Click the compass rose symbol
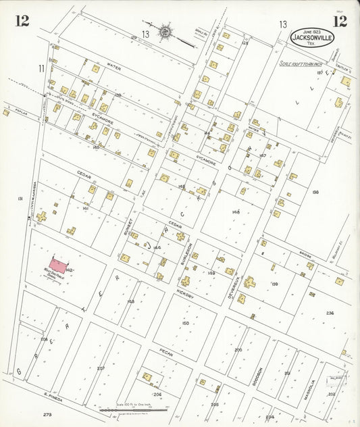click(165, 32)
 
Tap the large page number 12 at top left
click(22, 20)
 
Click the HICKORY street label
click(185, 297)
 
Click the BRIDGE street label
click(302, 257)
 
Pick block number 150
click(185, 324)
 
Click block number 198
click(315, 193)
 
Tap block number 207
click(101, 368)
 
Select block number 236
click(330, 313)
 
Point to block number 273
click(47, 413)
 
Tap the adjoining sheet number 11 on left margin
click(41, 68)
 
